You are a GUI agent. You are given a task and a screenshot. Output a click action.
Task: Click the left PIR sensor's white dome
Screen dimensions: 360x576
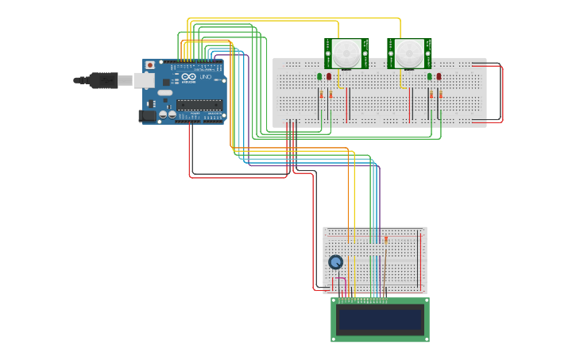346,53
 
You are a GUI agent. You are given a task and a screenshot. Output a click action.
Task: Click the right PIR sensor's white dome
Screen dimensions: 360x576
409,53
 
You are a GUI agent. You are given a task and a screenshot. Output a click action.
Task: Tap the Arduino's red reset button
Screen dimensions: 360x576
150,65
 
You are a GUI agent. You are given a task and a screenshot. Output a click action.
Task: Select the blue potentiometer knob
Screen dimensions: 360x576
335,261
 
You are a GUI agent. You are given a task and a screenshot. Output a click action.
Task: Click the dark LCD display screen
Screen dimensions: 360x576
380,319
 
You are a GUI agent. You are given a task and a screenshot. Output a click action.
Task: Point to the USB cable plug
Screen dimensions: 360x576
103,80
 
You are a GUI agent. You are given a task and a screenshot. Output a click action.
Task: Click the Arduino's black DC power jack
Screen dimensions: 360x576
147,115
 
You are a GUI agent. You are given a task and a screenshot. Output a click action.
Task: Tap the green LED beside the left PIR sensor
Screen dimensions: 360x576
320,76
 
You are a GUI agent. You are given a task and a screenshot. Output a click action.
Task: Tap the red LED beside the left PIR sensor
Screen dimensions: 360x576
329,76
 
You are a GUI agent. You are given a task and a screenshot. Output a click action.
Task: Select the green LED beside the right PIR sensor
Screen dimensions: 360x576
430,76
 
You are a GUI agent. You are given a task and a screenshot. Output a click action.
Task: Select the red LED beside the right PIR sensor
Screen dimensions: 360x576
439,76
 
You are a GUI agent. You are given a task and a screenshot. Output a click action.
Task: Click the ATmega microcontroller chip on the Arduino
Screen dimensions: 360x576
199,104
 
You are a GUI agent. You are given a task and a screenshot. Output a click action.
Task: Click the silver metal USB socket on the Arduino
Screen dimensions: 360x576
143,80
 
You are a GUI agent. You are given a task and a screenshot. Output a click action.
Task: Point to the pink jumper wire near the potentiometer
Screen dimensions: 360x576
343,286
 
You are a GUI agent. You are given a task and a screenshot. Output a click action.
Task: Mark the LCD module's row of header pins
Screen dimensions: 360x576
362,301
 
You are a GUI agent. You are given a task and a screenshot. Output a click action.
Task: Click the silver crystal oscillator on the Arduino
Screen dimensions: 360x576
165,93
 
